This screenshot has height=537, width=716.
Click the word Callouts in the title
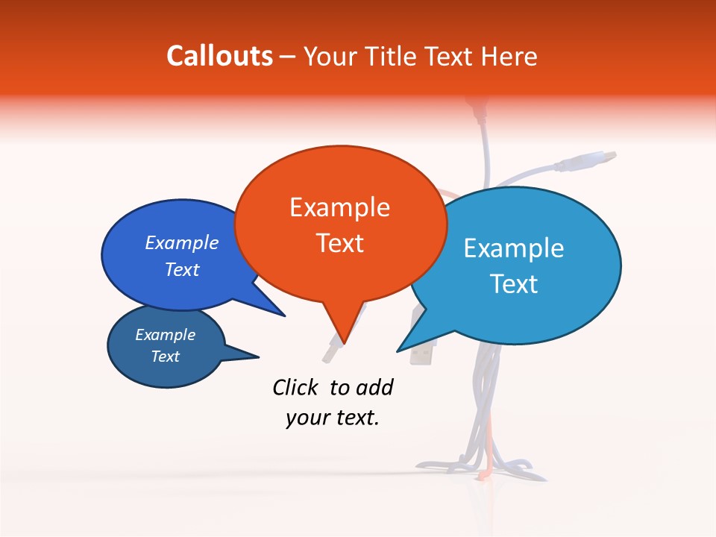point(220,56)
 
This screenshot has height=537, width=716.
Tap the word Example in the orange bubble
point(339,207)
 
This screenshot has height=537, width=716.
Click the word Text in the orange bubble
point(339,243)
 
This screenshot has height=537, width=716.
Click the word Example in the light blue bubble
point(513,248)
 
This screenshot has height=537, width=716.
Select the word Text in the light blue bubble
point(513,284)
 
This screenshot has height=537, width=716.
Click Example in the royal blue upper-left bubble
point(182,243)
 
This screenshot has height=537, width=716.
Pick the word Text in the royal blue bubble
point(182,270)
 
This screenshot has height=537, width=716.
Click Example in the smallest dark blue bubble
point(166,335)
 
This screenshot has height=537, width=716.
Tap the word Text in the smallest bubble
point(166,357)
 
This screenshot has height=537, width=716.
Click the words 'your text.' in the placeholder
point(333,418)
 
